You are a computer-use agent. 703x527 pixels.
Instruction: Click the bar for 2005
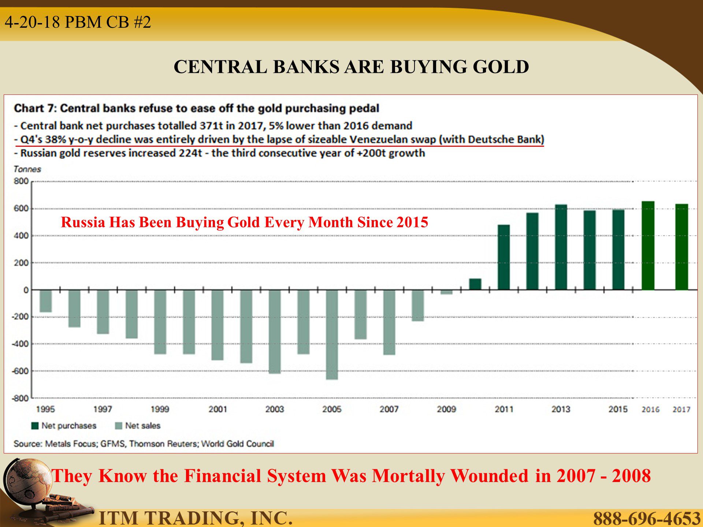(x=332, y=334)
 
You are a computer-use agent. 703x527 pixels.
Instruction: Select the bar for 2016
(x=648, y=246)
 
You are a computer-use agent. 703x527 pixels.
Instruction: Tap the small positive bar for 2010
(x=475, y=284)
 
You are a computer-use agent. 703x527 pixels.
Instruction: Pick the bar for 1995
(x=46, y=301)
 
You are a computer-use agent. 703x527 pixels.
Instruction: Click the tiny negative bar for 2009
(x=446, y=292)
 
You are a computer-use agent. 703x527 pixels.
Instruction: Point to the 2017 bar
(x=682, y=247)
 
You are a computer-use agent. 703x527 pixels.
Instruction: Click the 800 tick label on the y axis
(x=21, y=181)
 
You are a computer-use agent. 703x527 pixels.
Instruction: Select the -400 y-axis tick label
(x=20, y=344)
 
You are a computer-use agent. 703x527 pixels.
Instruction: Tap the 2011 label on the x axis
(x=504, y=409)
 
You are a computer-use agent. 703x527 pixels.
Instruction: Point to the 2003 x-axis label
(x=275, y=409)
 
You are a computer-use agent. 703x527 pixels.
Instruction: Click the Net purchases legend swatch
(x=35, y=426)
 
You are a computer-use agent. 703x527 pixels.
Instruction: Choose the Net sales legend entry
(x=138, y=426)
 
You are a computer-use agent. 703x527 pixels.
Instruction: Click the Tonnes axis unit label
(x=27, y=169)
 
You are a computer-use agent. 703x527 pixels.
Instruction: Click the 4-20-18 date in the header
(x=32, y=22)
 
